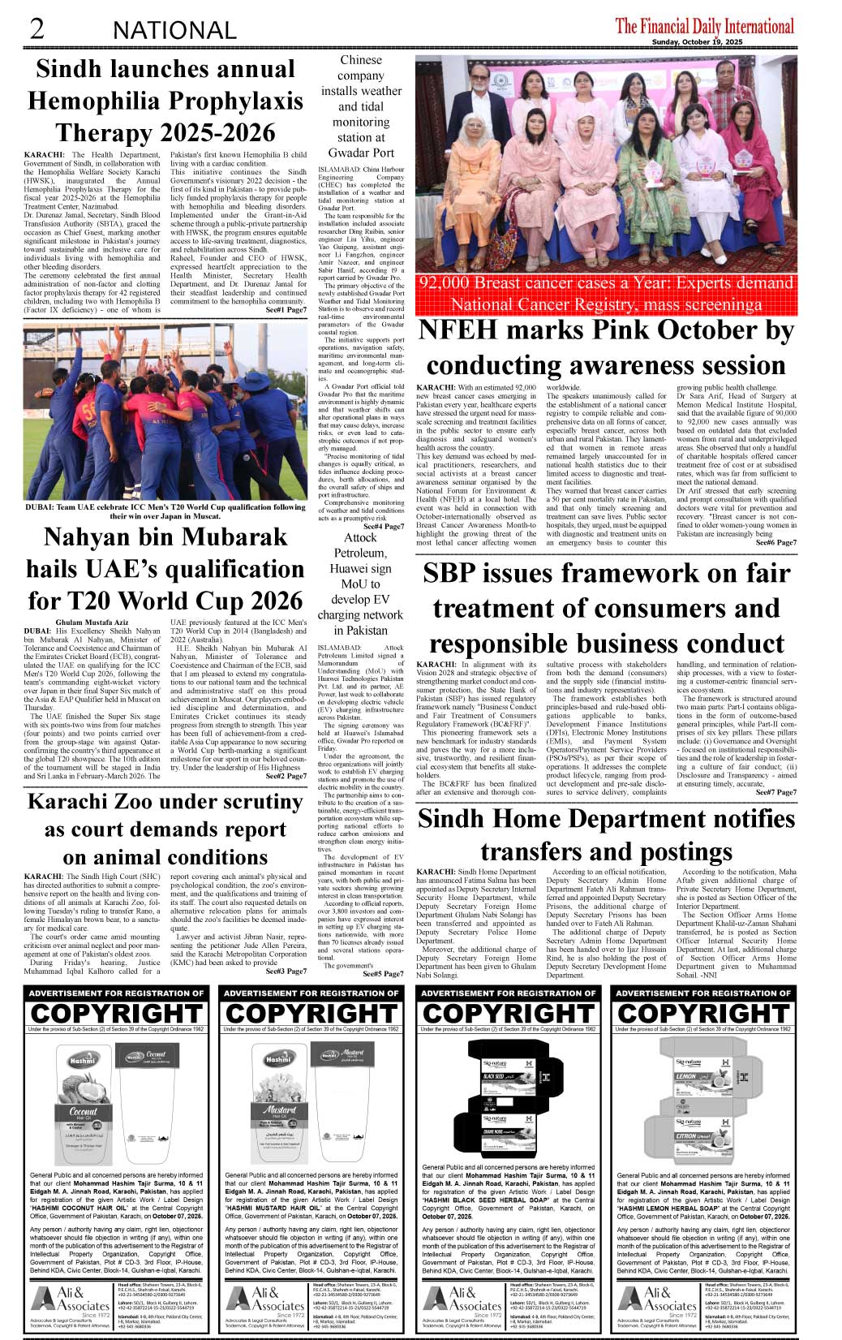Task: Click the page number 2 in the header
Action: click(x=37, y=28)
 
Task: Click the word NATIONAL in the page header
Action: click(x=174, y=31)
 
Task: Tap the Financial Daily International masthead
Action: click(x=704, y=26)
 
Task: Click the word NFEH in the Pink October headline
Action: click(x=465, y=331)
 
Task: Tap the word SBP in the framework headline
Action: click(x=450, y=574)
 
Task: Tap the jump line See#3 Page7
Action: click(x=286, y=972)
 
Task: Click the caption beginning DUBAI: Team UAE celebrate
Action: click(x=165, y=511)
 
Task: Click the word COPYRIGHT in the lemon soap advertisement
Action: click(x=703, y=1013)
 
